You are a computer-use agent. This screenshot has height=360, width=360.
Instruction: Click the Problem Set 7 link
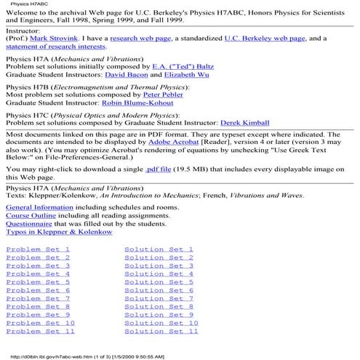(x=38, y=298)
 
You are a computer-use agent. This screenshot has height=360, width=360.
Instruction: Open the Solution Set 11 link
(x=161, y=330)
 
